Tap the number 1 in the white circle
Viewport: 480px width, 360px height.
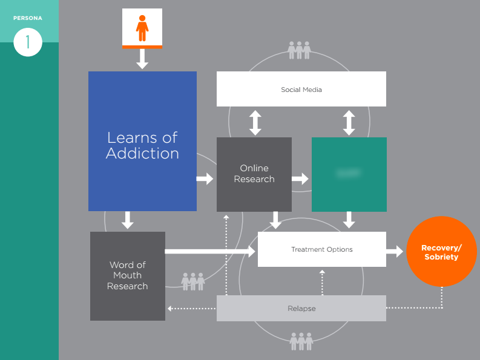pos(27,43)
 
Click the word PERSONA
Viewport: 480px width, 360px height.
pos(28,18)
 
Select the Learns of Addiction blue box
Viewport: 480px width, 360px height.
pos(142,141)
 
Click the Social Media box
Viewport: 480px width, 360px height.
pos(301,89)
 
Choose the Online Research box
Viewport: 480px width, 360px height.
pos(254,174)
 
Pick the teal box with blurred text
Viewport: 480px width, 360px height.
pos(349,174)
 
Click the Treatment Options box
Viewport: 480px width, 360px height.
pos(321,249)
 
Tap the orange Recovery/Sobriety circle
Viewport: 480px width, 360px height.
pos(441,252)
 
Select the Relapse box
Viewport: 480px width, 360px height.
pos(301,309)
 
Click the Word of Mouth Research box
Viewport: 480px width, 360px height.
pos(127,276)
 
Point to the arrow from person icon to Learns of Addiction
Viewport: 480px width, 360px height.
pos(142,58)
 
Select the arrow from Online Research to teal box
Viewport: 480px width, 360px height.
pos(300,178)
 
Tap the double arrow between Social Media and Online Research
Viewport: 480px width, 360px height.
pos(255,122)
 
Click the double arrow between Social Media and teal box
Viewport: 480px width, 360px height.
pos(349,122)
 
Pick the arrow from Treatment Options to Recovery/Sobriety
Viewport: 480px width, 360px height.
pos(395,251)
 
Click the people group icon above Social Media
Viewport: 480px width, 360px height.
pos(299,50)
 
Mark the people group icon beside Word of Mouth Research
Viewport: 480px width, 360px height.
pos(193,281)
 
